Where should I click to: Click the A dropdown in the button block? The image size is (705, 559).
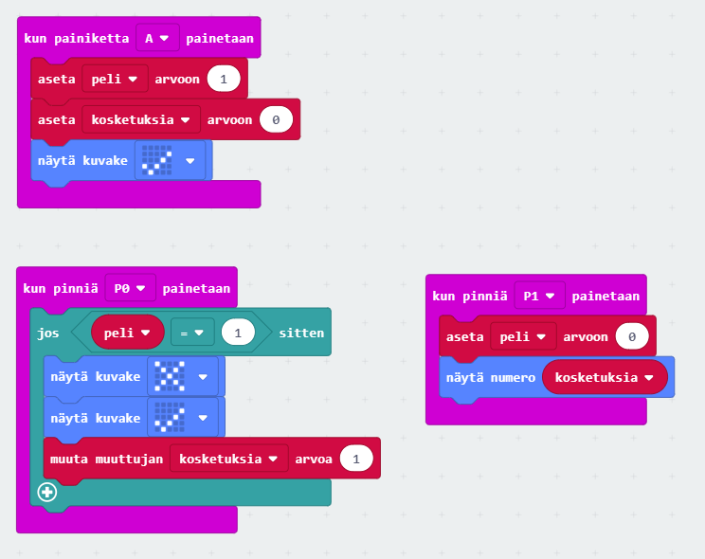(157, 38)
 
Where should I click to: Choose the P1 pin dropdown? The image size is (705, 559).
(540, 296)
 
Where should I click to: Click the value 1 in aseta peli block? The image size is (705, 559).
(223, 79)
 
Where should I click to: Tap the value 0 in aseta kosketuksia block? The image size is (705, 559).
(276, 119)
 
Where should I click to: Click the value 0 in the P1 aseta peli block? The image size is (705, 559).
(631, 336)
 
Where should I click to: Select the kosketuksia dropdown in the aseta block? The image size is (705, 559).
(140, 119)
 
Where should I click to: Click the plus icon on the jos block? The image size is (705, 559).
(47, 492)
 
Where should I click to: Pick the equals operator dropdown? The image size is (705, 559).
(192, 333)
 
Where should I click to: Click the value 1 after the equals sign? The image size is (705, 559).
(237, 333)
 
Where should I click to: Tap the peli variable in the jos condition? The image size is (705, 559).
(127, 333)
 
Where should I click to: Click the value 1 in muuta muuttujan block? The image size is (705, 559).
(355, 459)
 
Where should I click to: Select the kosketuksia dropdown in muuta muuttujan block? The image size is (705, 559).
(228, 459)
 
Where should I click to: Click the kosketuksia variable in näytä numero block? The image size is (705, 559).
(605, 377)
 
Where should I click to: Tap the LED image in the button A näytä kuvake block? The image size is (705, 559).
(156, 160)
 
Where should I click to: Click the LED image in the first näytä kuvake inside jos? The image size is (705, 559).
(169, 376)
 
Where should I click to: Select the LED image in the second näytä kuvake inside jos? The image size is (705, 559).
(169, 416)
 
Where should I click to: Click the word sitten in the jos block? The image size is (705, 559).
(300, 333)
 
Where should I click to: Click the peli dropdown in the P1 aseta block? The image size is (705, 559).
(522, 336)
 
